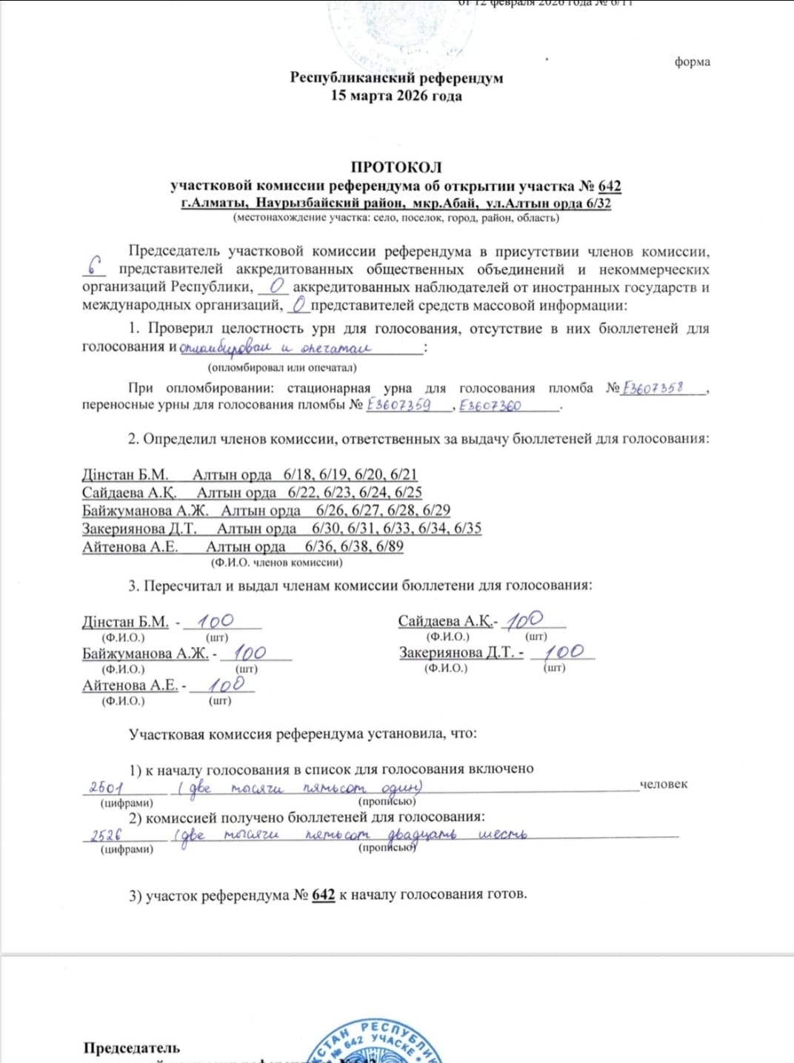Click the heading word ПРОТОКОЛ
coord(396,167)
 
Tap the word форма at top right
coord(692,62)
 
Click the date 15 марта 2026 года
coord(396,95)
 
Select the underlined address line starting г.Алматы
coord(396,203)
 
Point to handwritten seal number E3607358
coord(653,388)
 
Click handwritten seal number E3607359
coord(398,405)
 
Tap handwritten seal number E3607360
coord(490,406)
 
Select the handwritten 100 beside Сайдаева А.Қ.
coord(524,620)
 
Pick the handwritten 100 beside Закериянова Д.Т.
coord(563,652)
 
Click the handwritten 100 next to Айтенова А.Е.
coord(226,685)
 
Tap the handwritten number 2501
coord(106,788)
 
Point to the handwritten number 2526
coord(106,836)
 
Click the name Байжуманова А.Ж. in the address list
coord(145,511)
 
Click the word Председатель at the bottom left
coord(132,1047)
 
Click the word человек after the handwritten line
coord(663,784)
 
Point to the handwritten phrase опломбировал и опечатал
coord(275,347)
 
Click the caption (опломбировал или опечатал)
coord(282,367)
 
